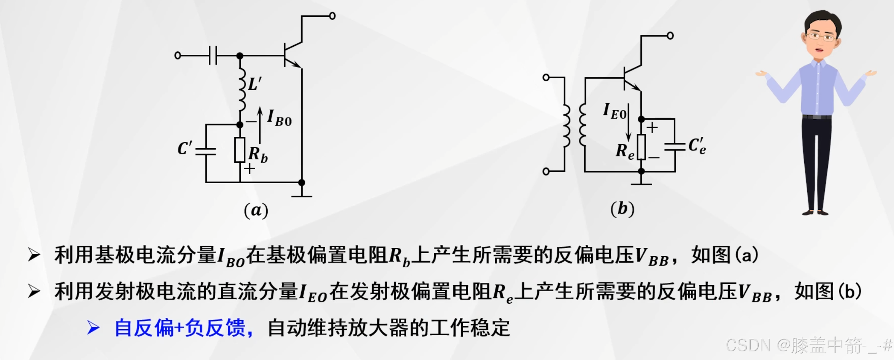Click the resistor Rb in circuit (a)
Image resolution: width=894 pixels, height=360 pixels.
pos(240,150)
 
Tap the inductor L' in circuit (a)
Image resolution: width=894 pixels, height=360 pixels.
pos(241,90)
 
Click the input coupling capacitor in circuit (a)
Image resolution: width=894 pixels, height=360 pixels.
pos(213,56)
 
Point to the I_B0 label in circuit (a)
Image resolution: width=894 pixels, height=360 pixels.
pos(279,118)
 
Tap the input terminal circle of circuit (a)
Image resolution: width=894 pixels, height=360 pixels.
pos(178,56)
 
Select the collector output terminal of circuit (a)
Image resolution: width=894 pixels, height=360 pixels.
pos(332,16)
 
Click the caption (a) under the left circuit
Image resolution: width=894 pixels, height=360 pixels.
pos(256,210)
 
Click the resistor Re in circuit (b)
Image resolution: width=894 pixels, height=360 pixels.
pos(641,147)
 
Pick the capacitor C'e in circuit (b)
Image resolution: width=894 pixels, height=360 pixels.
pos(675,146)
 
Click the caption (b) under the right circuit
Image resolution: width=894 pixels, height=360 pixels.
pos(622,209)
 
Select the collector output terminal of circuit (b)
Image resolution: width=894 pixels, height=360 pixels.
pos(670,36)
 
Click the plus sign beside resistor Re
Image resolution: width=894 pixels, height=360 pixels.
pos(652,127)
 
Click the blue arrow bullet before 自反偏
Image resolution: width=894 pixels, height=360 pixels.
pos(93,327)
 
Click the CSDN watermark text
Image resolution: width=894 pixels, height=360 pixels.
pos(808,346)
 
